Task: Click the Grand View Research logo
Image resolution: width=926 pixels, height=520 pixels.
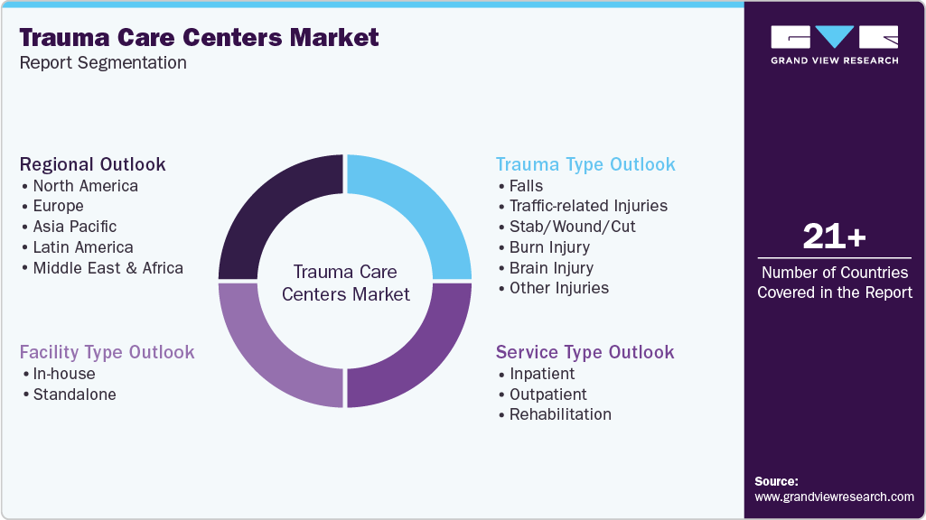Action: click(x=834, y=44)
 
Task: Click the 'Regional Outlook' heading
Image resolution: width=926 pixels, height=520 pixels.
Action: click(x=93, y=164)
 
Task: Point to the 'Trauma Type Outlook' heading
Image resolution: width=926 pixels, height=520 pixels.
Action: click(x=585, y=164)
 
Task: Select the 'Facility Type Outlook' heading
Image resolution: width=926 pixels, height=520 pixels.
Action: click(x=107, y=352)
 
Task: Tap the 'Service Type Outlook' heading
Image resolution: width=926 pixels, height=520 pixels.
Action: click(x=585, y=352)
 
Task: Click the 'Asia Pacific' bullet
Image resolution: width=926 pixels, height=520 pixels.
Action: click(x=74, y=227)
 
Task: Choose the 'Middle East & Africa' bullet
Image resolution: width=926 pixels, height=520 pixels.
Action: click(x=108, y=268)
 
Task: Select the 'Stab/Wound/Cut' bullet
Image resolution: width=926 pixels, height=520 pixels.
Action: click(x=572, y=227)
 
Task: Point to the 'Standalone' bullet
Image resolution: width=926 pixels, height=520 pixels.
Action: click(x=74, y=395)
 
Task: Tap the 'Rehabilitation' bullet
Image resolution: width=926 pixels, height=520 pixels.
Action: click(x=559, y=414)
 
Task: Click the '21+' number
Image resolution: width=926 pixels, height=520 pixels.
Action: click(x=834, y=237)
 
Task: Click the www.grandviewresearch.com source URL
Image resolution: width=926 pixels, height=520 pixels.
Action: click(x=834, y=497)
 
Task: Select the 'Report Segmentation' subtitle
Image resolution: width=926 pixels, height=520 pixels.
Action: click(x=103, y=63)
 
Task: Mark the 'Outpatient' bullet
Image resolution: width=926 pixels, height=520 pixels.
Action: click(x=547, y=395)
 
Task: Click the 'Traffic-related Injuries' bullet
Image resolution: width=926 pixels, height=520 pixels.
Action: click(x=587, y=206)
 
